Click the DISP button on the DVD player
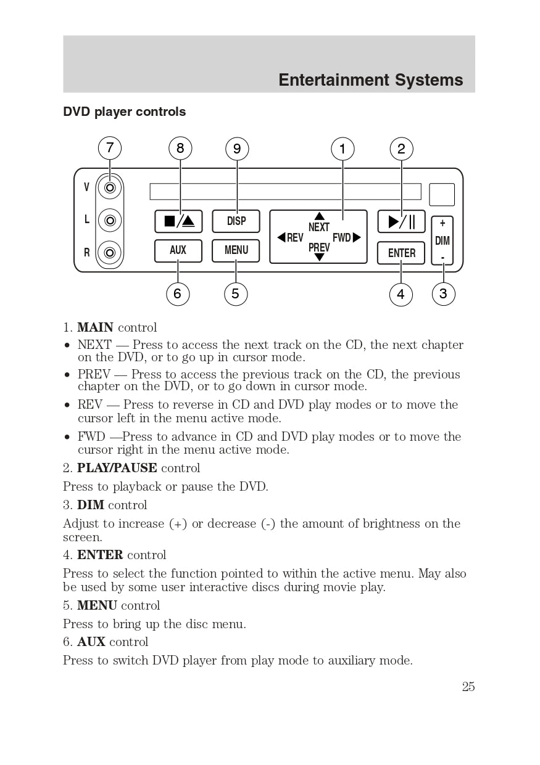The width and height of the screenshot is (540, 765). (x=236, y=221)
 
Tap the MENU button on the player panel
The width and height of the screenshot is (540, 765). (x=236, y=250)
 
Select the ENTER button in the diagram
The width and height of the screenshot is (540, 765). (x=401, y=253)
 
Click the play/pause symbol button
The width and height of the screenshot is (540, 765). (x=401, y=221)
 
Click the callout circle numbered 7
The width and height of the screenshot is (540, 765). (x=110, y=148)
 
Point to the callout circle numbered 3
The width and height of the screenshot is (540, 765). (x=443, y=294)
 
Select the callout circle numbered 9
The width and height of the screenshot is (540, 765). (x=237, y=149)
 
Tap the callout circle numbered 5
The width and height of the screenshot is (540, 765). (x=235, y=294)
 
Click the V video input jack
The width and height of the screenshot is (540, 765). (x=110, y=187)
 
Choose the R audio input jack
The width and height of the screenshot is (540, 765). (x=110, y=252)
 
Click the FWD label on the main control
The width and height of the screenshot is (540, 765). (x=342, y=238)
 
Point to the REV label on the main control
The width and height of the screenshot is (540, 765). (x=295, y=238)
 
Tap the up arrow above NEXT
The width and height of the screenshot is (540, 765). (x=319, y=216)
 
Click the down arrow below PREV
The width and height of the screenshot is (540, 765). (x=319, y=257)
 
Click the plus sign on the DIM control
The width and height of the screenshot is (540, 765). (x=442, y=224)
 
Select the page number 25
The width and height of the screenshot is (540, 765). (x=468, y=687)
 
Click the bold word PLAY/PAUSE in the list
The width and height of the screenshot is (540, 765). (x=117, y=468)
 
